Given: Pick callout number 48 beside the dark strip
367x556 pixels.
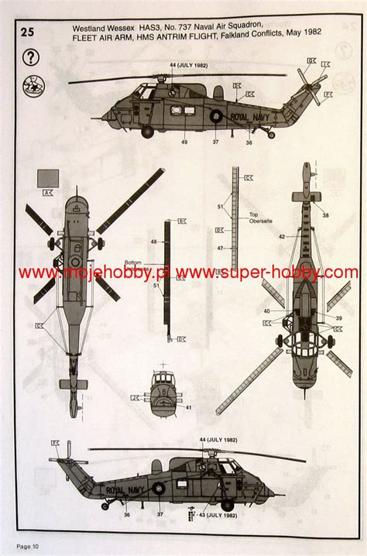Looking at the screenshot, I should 154,242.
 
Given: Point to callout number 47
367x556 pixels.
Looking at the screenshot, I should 221,247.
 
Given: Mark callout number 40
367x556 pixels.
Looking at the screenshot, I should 266,311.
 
